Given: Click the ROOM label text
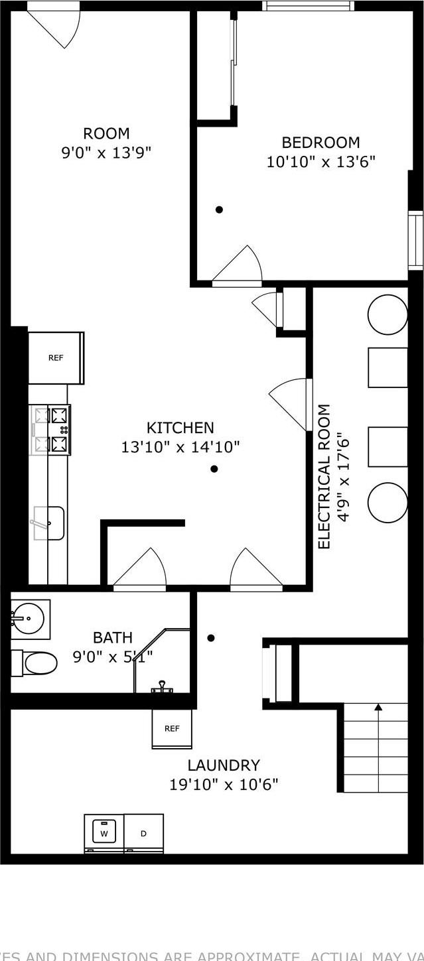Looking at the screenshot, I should click(106, 133).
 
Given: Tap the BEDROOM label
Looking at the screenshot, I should click(320, 143).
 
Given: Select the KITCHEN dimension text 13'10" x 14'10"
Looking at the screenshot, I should click(180, 447).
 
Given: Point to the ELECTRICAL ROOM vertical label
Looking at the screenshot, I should click(324, 477).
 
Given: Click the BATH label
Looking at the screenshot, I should click(113, 638).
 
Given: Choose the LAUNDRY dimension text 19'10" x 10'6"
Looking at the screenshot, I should click(224, 785).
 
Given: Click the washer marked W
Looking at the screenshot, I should click(104, 832).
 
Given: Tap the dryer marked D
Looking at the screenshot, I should click(143, 833).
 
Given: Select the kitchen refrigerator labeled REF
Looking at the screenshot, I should click(56, 357).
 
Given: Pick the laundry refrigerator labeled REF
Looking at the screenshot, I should click(172, 728).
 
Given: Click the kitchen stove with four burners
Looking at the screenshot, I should click(51, 430).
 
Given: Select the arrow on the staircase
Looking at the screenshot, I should click(378, 708).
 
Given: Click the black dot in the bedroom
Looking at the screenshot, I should click(219, 210).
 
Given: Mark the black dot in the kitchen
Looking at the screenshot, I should click(214, 469).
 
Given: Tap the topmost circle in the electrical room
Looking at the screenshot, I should click(388, 314).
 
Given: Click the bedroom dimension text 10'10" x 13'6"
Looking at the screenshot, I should click(321, 161).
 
